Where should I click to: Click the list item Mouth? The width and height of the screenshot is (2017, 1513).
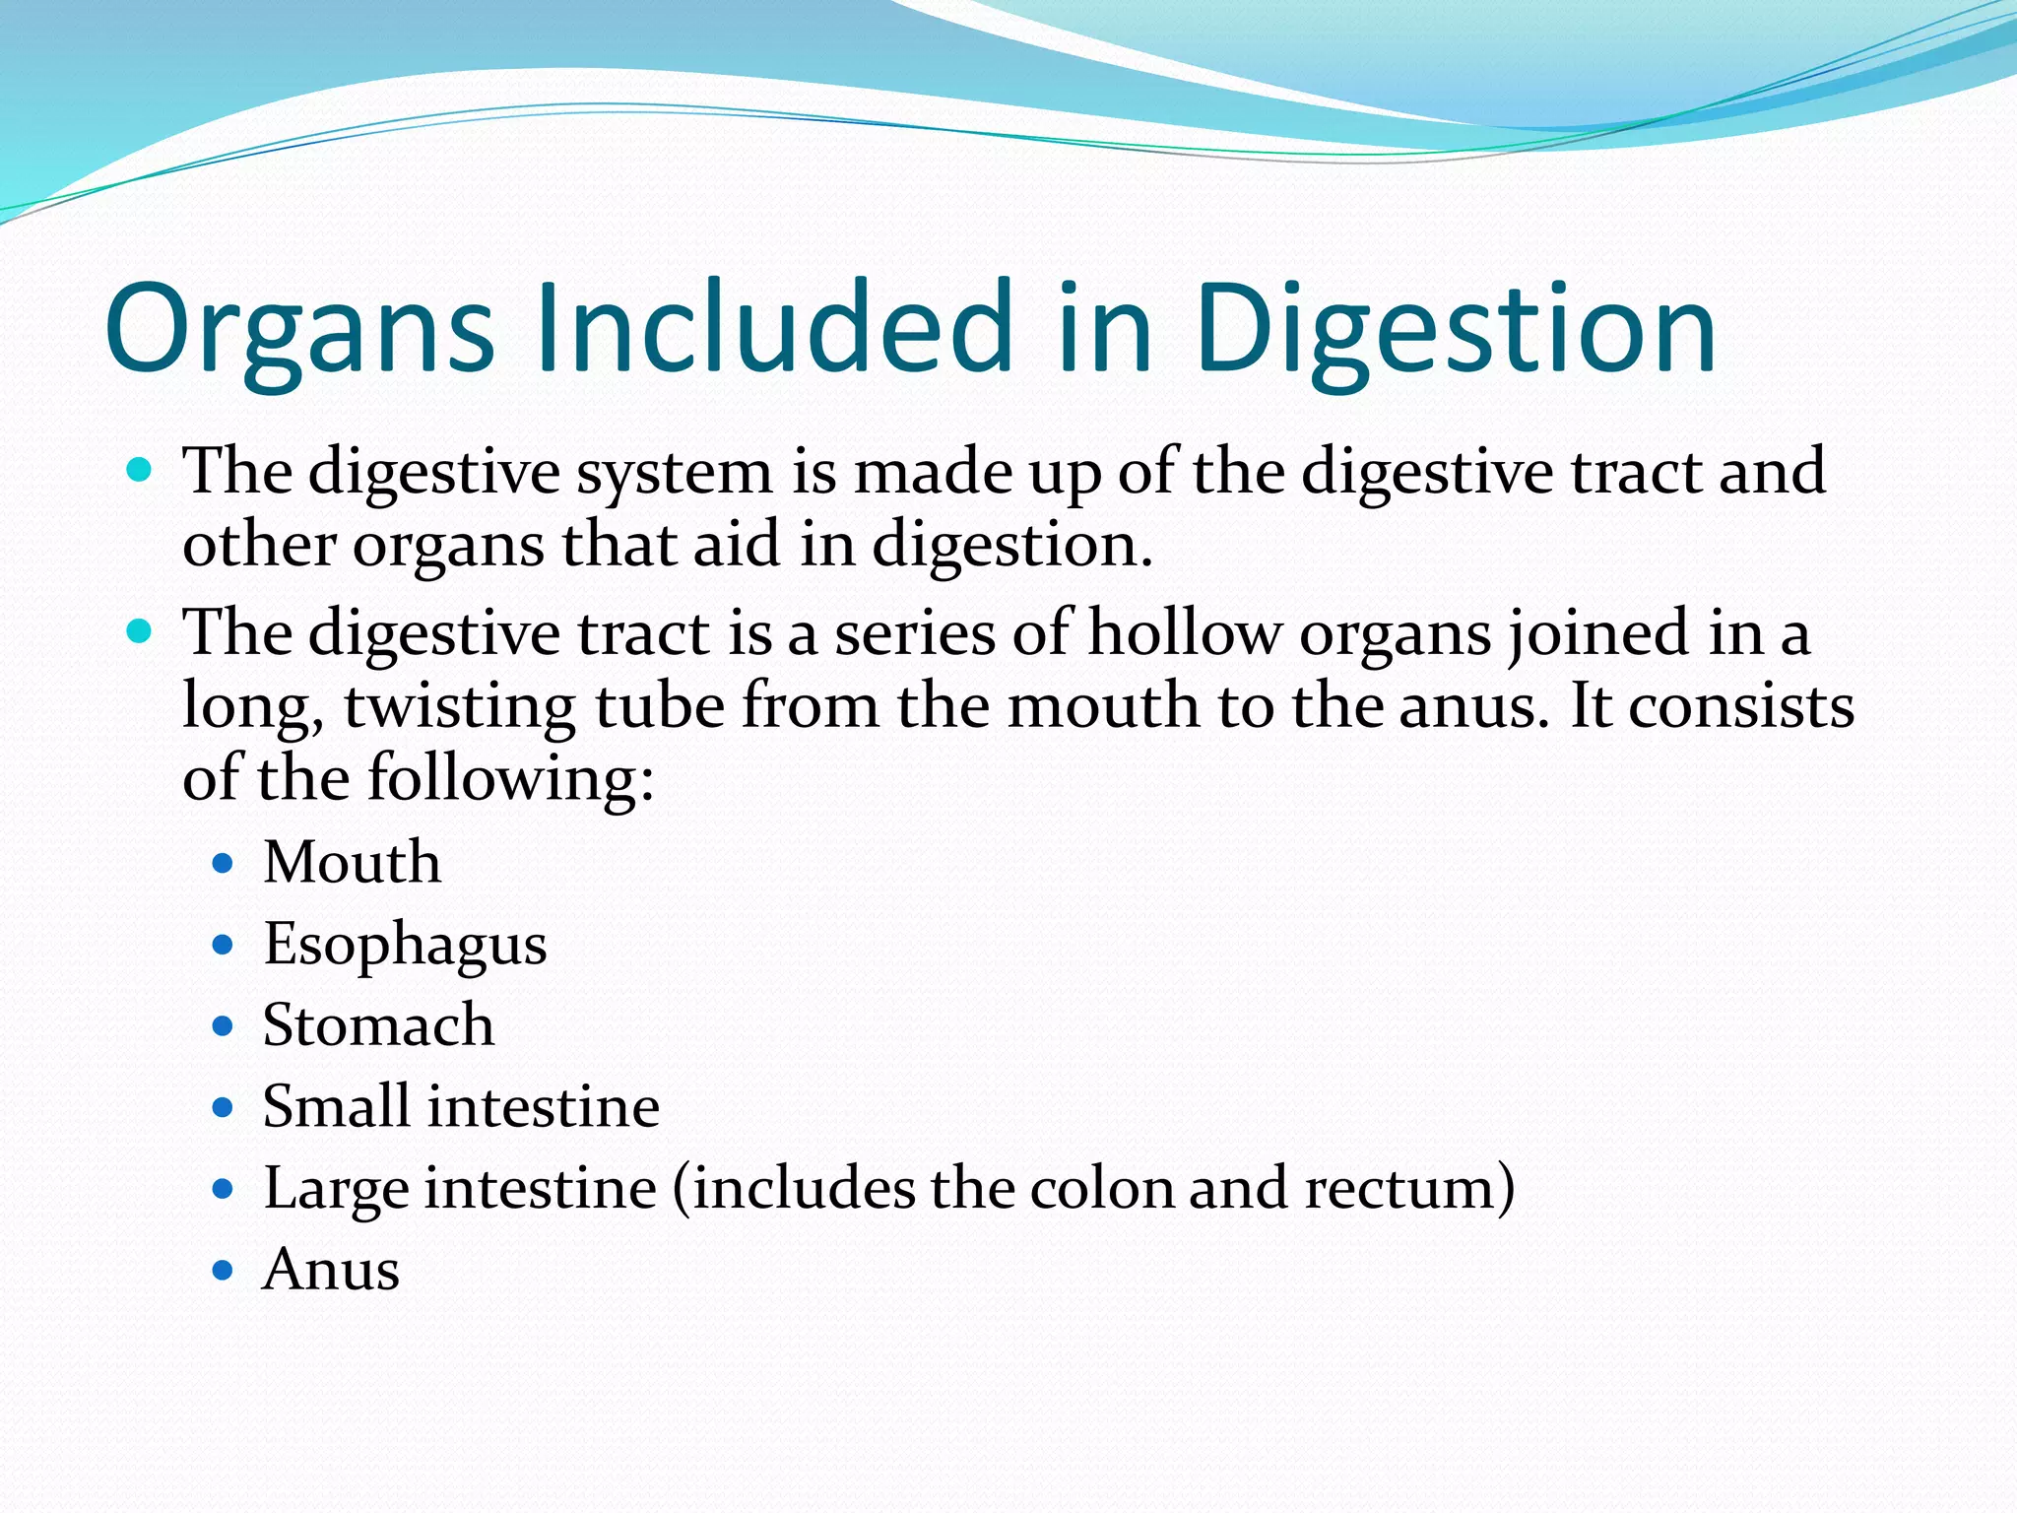tap(352, 863)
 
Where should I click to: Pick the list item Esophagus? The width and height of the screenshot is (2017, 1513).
tap(405, 946)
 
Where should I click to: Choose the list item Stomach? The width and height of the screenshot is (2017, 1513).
tap(378, 1025)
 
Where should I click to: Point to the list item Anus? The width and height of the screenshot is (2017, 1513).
tap(331, 1270)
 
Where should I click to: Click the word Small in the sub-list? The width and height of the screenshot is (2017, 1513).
tap(336, 1106)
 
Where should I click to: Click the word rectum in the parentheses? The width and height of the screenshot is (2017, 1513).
tap(1399, 1188)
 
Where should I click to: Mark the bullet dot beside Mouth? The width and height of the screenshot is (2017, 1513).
tap(224, 865)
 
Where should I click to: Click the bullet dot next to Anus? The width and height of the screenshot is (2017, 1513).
tap(224, 1271)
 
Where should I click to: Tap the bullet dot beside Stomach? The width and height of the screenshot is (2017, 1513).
tap(224, 1027)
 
